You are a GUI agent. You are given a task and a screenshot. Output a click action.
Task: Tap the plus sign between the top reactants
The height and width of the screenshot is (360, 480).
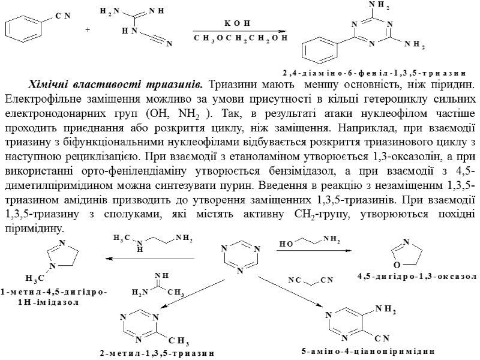pyautogui.click(x=88, y=29)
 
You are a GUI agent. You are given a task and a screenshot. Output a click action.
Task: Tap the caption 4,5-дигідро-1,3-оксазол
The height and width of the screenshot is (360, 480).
pyautogui.click(x=416, y=277)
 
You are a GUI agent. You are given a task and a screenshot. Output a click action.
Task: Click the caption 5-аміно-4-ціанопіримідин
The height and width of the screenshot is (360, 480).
pyautogui.click(x=376, y=349)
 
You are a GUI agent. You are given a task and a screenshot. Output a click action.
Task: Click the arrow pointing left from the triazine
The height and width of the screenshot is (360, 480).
pyautogui.click(x=150, y=259)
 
